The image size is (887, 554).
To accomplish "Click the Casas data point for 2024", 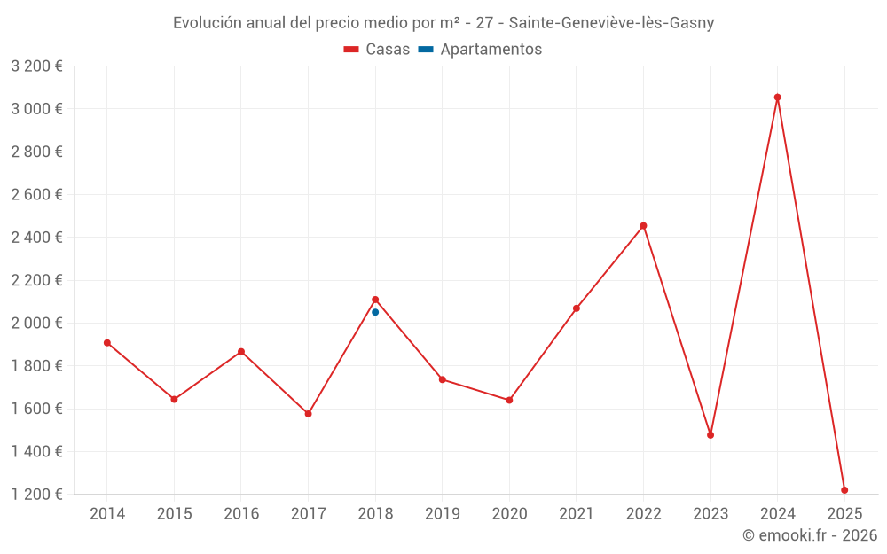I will pyautogui.click(x=777, y=98).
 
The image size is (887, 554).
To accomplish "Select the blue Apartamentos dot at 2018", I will pyautogui.click(x=375, y=312).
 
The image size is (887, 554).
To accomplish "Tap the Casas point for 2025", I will pyautogui.click(x=844, y=490).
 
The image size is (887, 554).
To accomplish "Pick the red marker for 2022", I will pyautogui.click(x=643, y=226).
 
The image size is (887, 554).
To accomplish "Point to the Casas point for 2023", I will pyautogui.click(x=710, y=435).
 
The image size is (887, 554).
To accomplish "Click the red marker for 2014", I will pyautogui.click(x=107, y=343).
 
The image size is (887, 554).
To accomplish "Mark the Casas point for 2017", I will pyautogui.click(x=308, y=414).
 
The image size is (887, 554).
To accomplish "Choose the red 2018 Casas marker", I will pyautogui.click(x=375, y=300).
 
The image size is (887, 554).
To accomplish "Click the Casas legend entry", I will pyautogui.click(x=377, y=50).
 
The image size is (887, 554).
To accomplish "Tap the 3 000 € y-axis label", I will pyautogui.click(x=36, y=109).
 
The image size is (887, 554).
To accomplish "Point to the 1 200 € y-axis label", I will pyautogui.click(x=36, y=494).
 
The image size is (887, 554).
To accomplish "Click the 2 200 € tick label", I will pyautogui.click(x=36, y=280).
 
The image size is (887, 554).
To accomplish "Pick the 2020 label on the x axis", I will pyautogui.click(x=509, y=514).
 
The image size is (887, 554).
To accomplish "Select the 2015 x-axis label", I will pyautogui.click(x=174, y=514).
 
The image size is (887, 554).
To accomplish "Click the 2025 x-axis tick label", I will pyautogui.click(x=844, y=514).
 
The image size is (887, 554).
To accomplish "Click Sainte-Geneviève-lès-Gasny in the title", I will pyautogui.click(x=611, y=23).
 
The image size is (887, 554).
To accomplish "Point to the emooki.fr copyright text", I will pyautogui.click(x=810, y=535).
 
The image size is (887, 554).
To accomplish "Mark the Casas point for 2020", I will pyautogui.click(x=509, y=400).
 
